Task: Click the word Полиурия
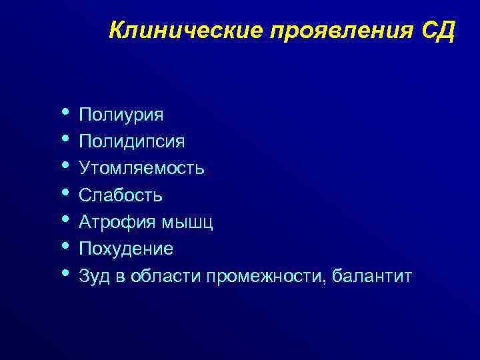pos(121,115)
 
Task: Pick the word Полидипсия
pos(132,142)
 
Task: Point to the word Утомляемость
pos(142,169)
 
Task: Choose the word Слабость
pos(121,195)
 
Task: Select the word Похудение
pos(126,249)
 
